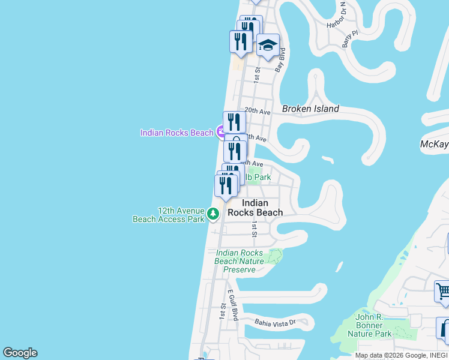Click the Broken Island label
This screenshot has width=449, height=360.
click(x=310, y=109)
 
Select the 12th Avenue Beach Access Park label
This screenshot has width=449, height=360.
click(x=169, y=215)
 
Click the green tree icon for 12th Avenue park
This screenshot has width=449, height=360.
click(x=212, y=214)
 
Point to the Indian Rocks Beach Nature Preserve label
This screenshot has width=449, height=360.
click(x=240, y=261)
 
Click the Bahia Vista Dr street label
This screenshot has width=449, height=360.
click(x=276, y=322)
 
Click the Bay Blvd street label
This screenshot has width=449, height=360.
click(x=280, y=62)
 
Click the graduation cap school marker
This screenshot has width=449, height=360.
click(x=268, y=45)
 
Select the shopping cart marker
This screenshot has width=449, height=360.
click(x=443, y=291)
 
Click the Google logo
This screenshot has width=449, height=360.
click(x=20, y=353)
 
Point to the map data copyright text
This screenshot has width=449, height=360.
click(x=400, y=355)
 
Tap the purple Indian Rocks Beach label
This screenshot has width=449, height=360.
click(x=176, y=133)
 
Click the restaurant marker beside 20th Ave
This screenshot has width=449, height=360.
click(x=234, y=122)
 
